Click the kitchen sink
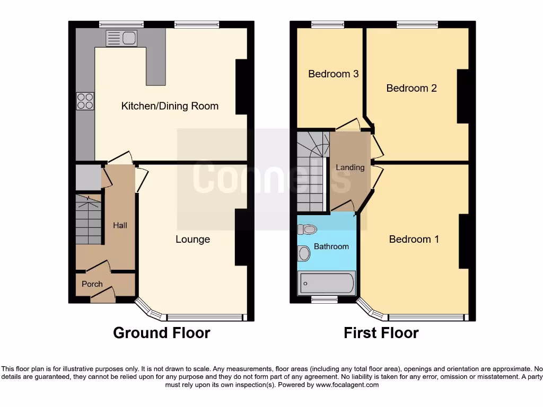[121, 38]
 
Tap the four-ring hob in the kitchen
[85, 101]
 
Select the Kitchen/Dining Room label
[170, 106]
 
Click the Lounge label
[193, 240]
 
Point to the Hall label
[120, 225]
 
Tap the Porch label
[92, 284]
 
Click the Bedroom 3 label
[334, 74]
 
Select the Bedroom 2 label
[411, 88]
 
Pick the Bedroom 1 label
[414, 239]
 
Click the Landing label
[350, 167]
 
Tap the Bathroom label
[331, 246]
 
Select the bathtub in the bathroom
[327, 283]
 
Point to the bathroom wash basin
[304, 253]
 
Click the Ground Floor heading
[162, 333]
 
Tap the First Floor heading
[381, 333]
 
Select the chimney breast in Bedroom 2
[462, 97]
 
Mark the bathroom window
[324, 300]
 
